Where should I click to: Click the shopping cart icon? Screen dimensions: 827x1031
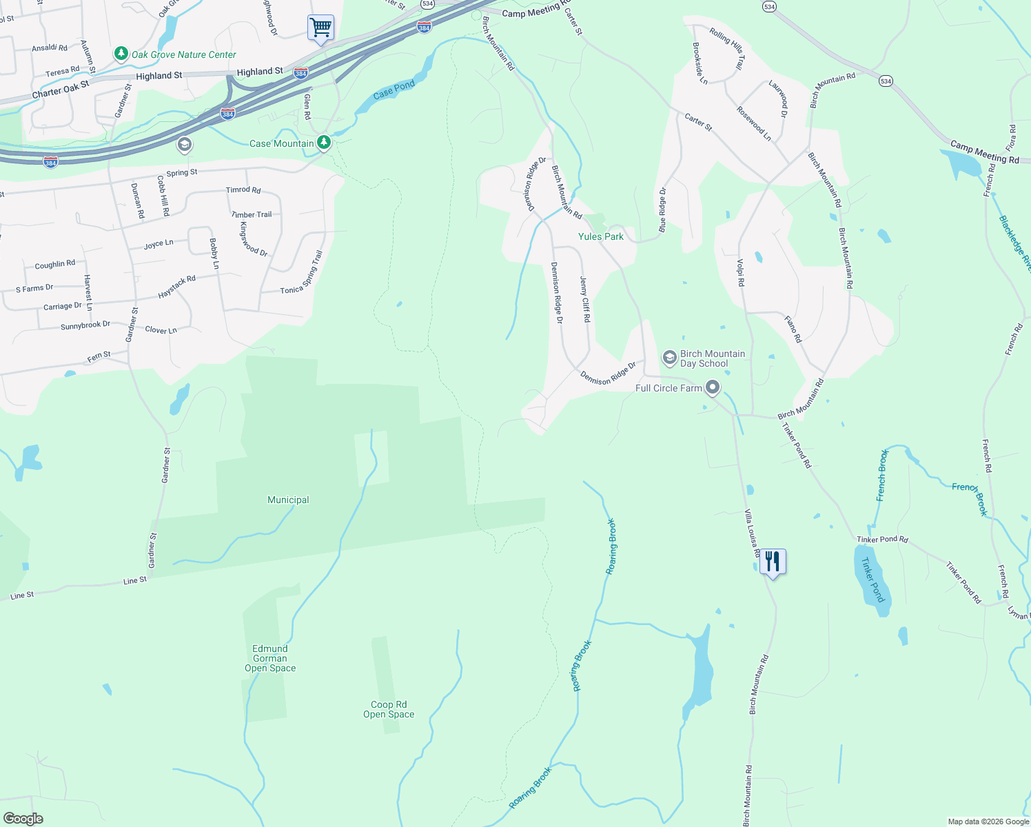pyautogui.click(x=320, y=28)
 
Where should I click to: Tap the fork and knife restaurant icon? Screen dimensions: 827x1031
pyautogui.click(x=773, y=562)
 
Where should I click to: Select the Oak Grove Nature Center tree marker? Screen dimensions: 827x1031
pyautogui.click(x=121, y=54)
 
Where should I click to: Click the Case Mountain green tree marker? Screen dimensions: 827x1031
pyautogui.click(x=323, y=143)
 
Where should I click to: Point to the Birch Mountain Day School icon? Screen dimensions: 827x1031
pyautogui.click(x=669, y=358)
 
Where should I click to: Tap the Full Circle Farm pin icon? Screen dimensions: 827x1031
pyautogui.click(x=713, y=387)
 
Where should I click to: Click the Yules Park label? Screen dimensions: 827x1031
pyautogui.click(x=600, y=236)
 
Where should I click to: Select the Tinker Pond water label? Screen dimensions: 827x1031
pyautogui.click(x=872, y=580)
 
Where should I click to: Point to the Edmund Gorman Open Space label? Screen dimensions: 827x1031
pyautogui.click(x=270, y=658)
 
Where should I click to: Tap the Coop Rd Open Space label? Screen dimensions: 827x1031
pyautogui.click(x=389, y=709)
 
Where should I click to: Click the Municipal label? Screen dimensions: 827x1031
pyautogui.click(x=288, y=500)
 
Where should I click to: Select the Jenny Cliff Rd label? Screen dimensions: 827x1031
pyautogui.click(x=584, y=299)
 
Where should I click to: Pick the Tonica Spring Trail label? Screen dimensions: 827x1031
pyautogui.click(x=302, y=273)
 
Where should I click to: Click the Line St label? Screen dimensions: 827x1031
pyautogui.click(x=135, y=580)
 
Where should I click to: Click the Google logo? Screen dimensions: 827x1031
pyautogui.click(x=23, y=819)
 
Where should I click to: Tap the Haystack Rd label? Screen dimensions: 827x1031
pyautogui.click(x=177, y=287)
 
